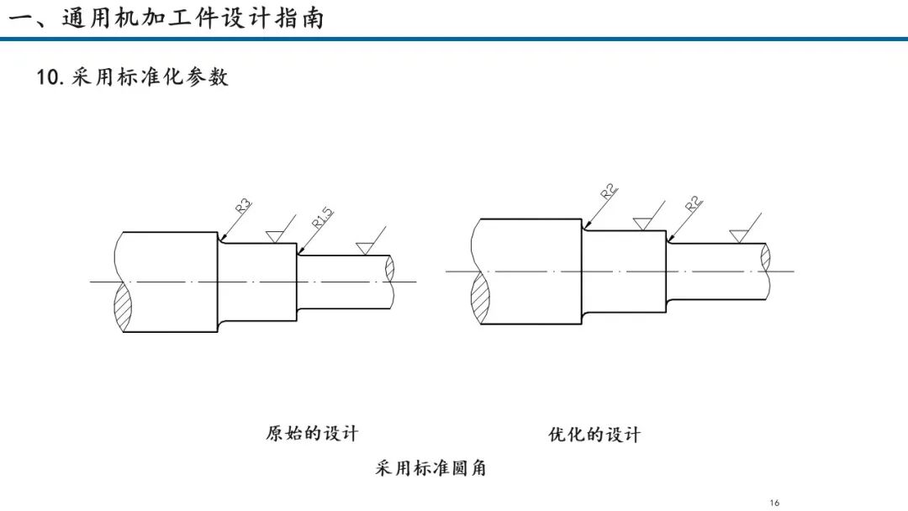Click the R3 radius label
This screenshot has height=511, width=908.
tap(244, 205)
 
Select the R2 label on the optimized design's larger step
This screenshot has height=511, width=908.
tap(610, 191)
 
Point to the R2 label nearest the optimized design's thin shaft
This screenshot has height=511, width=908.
tap(694, 203)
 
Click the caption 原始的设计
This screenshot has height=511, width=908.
tap(312, 434)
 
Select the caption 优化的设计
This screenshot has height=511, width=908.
tap(594, 435)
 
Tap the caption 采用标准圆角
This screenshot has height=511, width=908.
tap(430, 467)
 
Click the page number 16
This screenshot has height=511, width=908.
tap(775, 503)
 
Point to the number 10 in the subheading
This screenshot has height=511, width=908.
tap(47, 77)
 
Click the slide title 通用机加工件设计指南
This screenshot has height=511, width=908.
tap(193, 18)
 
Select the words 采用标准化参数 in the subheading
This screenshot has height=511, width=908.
tap(150, 77)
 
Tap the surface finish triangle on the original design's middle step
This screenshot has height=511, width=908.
tap(274, 237)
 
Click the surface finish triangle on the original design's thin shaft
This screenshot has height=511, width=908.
tap(365, 249)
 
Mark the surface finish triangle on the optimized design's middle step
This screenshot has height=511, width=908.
tap(642, 224)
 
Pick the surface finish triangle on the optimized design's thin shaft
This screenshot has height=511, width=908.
tap(738, 236)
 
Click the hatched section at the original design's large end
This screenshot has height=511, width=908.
tap(123, 307)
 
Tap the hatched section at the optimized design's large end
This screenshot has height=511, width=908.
tap(480, 298)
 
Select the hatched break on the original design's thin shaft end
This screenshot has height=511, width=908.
tap(390, 268)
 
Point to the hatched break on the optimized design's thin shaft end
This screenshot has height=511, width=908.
tap(766, 257)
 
